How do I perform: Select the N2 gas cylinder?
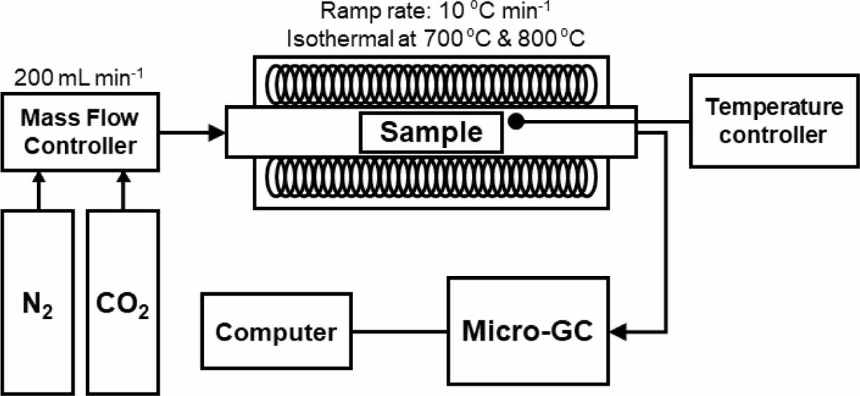(x=39, y=302)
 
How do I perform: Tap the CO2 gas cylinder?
(x=123, y=302)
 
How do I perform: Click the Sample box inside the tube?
(x=431, y=132)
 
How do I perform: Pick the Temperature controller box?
(x=773, y=121)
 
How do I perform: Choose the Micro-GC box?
(x=528, y=329)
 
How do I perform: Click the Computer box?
(x=276, y=332)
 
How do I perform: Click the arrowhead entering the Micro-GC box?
(x=619, y=329)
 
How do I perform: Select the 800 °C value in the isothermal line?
(x=543, y=39)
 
